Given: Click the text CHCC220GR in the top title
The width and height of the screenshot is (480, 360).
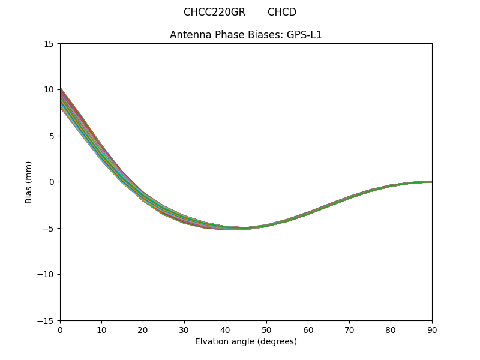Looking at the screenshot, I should point(214,12).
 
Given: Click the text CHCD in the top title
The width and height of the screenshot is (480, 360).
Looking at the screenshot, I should point(282,12).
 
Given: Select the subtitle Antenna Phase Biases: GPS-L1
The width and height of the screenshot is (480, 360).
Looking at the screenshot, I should point(246,35).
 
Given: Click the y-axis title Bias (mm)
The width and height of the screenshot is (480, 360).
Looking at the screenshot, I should point(29,182).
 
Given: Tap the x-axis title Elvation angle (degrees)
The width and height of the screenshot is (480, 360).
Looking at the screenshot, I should point(246,341).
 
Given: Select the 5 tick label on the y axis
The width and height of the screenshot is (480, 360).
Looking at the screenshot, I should point(52,136).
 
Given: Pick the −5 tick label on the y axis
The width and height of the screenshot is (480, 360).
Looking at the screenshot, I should point(48,228).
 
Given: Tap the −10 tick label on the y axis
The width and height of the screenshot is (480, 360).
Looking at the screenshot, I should point(46,274).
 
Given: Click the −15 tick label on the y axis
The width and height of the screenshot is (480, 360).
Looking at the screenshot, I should point(46,320).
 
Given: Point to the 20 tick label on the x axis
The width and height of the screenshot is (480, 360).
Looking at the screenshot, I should point(143,329).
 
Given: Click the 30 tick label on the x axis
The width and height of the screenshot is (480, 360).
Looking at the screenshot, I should point(184,329).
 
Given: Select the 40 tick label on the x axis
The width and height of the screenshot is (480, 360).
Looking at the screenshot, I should point(226,329).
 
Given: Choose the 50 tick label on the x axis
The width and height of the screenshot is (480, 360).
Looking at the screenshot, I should point(266,329).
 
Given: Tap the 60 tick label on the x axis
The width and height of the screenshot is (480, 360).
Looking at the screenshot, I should point(308,329).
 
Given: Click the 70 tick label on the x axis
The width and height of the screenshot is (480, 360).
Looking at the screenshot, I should point(349,329).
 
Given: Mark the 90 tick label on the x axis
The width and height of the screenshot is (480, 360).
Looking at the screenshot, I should point(431,329).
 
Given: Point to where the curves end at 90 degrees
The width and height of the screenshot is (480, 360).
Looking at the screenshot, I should point(431,182).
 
